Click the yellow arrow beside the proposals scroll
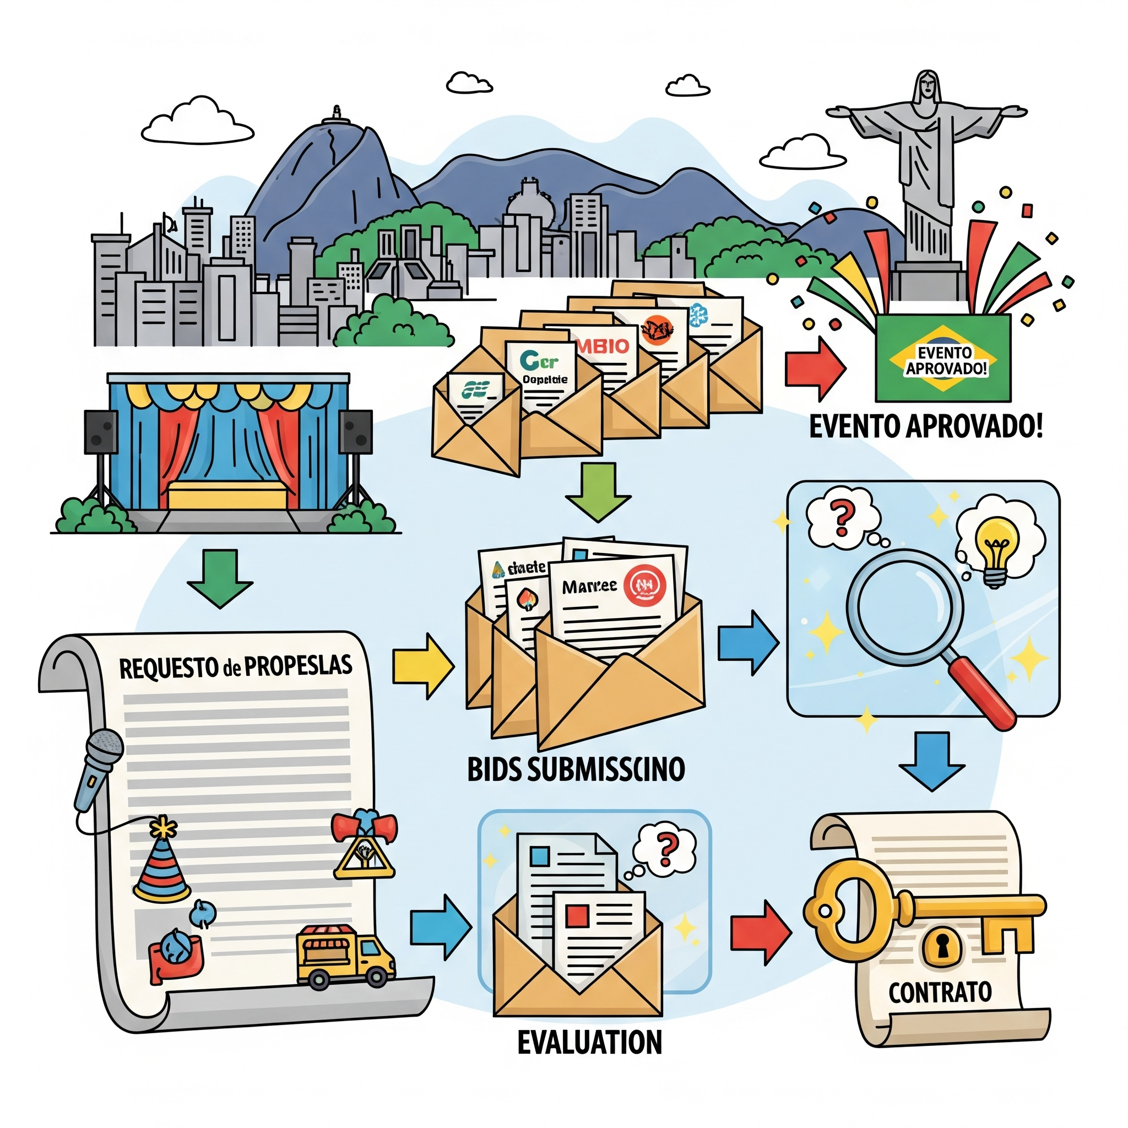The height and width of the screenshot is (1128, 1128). tap(422, 665)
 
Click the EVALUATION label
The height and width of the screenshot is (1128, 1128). tap(590, 1043)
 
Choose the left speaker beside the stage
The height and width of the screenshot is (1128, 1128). tap(101, 432)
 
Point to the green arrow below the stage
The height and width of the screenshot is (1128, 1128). tap(220, 578)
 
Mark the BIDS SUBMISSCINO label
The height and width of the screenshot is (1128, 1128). tap(576, 769)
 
